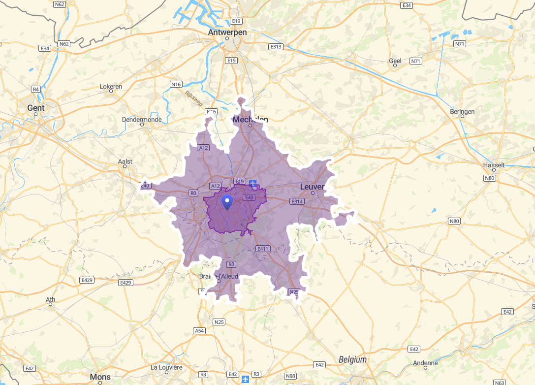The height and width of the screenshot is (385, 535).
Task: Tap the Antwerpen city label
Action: click(227, 32)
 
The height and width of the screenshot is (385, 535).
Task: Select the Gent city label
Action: click(36, 108)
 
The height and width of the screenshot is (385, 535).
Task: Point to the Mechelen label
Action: click(251, 119)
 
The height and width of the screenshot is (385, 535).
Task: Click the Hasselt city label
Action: click(494, 165)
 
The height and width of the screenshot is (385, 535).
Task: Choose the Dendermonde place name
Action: click(142, 119)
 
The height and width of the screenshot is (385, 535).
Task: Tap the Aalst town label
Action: click(126, 161)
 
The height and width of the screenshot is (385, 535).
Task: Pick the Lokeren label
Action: click(111, 87)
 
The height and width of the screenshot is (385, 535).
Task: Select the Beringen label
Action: click(462, 112)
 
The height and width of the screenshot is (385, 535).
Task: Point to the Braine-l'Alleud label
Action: click(219, 276)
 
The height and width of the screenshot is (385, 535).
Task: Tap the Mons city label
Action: click(100, 377)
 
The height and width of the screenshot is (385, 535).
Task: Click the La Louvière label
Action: click(167, 367)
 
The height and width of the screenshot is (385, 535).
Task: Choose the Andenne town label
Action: click(425, 363)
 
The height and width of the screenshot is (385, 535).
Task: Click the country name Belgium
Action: click(352, 359)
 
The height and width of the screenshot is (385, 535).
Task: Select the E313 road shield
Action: click(276, 47)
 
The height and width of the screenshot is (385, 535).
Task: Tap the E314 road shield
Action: click(297, 201)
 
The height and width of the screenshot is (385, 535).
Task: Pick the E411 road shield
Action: click(263, 249)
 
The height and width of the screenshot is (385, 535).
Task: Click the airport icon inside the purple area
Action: click(253, 184)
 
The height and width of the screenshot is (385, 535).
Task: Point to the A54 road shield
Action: click(199, 331)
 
